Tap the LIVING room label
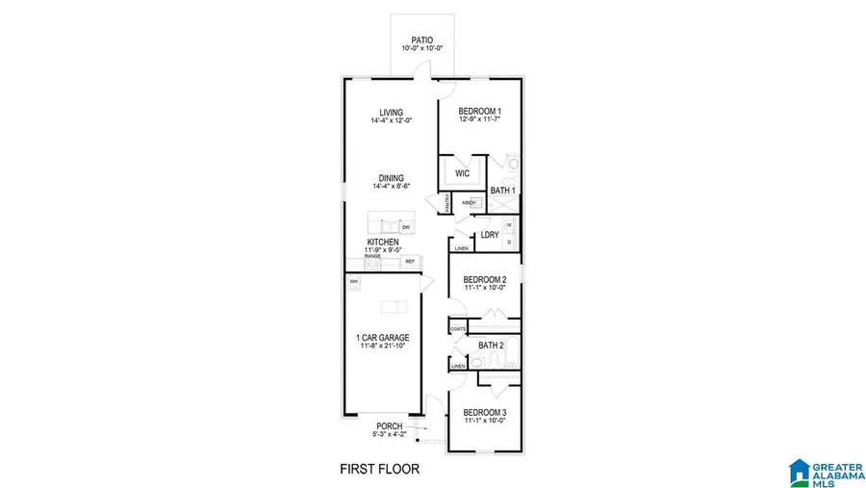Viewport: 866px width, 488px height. (391, 112)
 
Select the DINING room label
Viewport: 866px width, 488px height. (391, 178)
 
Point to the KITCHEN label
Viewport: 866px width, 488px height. (383, 242)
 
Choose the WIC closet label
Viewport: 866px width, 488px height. (462, 174)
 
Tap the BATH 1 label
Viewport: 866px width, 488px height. (503, 191)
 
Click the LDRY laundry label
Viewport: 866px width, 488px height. (490, 234)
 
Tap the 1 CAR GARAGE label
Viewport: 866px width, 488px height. (383, 337)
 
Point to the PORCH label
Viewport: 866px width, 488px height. (390, 426)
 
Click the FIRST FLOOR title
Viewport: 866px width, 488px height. (380, 470)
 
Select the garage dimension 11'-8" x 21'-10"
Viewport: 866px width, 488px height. (383, 346)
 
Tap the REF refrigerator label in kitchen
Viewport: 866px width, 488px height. (409, 261)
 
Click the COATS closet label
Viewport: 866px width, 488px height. (458, 329)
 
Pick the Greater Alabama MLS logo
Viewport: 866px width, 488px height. (823, 472)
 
